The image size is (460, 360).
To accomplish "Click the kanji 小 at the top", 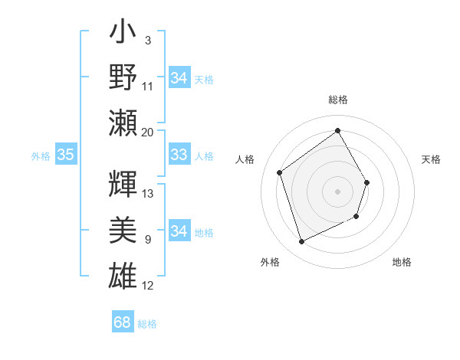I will click(123, 35).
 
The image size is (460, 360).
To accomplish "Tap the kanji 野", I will click(123, 78).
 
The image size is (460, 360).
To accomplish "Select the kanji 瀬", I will click(123, 122).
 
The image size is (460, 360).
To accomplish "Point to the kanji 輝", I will click(123, 184).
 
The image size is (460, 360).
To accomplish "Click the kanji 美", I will click(123, 229).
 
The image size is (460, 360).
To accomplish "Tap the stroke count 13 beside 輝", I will click(148, 194).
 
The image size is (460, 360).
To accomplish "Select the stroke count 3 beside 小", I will click(147, 40).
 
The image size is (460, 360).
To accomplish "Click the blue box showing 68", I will click(122, 322).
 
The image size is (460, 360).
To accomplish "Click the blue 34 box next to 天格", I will click(179, 78).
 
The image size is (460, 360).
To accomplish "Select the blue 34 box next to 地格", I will click(179, 231).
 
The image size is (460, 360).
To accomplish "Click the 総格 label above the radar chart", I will click(337, 100).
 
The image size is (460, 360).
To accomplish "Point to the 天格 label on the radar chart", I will click(431, 159).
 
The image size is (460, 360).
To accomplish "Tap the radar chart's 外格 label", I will click(270, 262).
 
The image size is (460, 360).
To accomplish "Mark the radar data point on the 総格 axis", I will click(337, 130).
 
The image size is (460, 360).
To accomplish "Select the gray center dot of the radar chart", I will click(337, 191).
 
